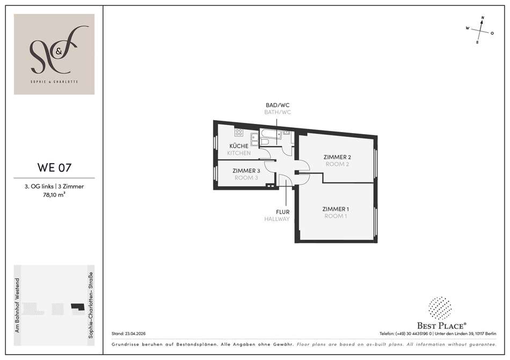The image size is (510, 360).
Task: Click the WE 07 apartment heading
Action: [x=54, y=167]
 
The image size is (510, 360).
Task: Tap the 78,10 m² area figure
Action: [x=54, y=195]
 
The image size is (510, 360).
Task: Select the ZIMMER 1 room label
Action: [x=336, y=209]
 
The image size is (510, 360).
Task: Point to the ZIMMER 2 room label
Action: [x=337, y=157]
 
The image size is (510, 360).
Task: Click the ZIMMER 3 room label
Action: [x=246, y=171]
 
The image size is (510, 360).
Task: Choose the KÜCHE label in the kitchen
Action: [x=239, y=146]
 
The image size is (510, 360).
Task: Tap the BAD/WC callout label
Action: [x=278, y=105]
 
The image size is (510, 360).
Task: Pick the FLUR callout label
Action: [x=282, y=212]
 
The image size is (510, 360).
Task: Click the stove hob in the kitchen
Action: [x=239, y=132]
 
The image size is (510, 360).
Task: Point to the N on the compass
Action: [x=483, y=18]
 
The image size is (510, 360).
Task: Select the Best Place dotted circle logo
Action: [x=440, y=308]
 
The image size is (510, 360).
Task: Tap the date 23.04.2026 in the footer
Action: [x=135, y=333]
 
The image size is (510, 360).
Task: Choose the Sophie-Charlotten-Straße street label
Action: [x=91, y=305]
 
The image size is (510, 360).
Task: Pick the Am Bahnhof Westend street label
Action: [x=17, y=305]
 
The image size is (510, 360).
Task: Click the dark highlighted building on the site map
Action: [x=78, y=306]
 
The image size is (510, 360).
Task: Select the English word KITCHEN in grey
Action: [x=239, y=153]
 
